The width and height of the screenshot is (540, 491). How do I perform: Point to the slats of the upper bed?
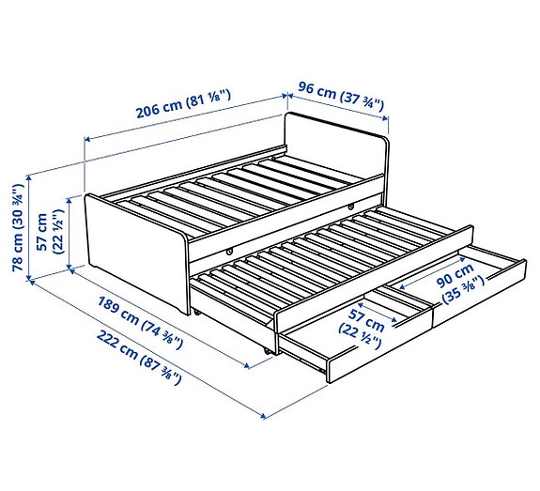point(225,192)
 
